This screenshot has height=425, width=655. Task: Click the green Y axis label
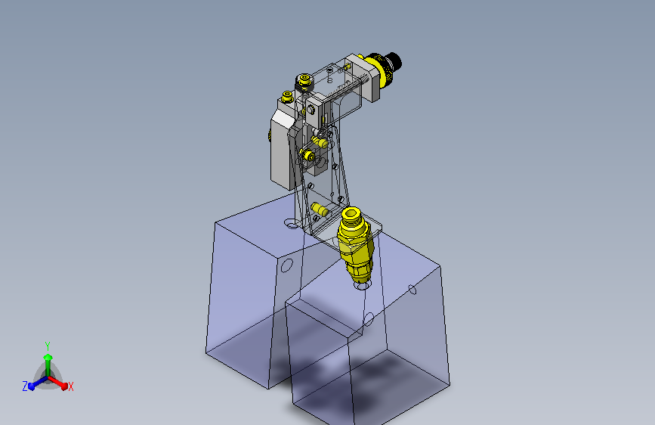(x=48, y=346)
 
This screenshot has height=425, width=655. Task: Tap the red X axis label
(x=70, y=387)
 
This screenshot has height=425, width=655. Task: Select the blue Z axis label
(x=25, y=386)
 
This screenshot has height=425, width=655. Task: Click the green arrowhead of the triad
(x=48, y=357)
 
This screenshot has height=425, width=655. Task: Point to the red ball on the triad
(x=64, y=386)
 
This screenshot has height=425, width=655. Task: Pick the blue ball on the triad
(x=32, y=386)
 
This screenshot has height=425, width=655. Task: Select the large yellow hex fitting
(x=354, y=243)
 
